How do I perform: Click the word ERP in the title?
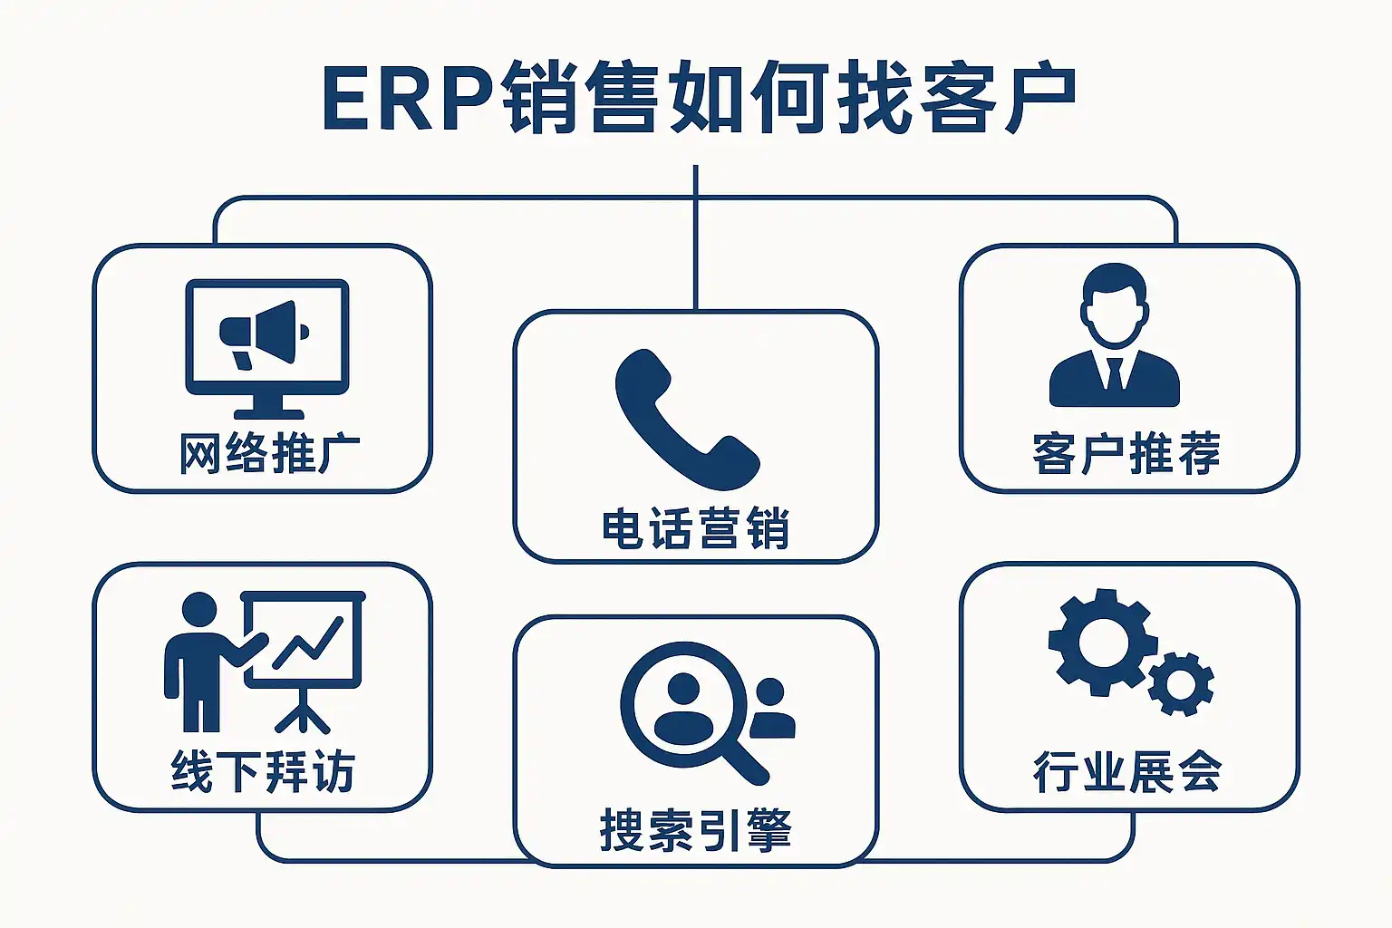pos(408,98)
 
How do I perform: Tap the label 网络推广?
pos(269,454)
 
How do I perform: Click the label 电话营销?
pos(695,529)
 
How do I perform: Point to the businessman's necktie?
pos(1115,372)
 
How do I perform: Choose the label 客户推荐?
pos(1126,454)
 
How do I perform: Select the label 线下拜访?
pos(262,772)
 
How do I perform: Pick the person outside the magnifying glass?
pos(771,709)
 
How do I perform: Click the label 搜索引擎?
pos(695,830)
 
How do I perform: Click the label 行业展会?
pos(1127,772)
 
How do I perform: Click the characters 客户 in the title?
pos(997,98)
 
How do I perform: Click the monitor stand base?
pos(268,412)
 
